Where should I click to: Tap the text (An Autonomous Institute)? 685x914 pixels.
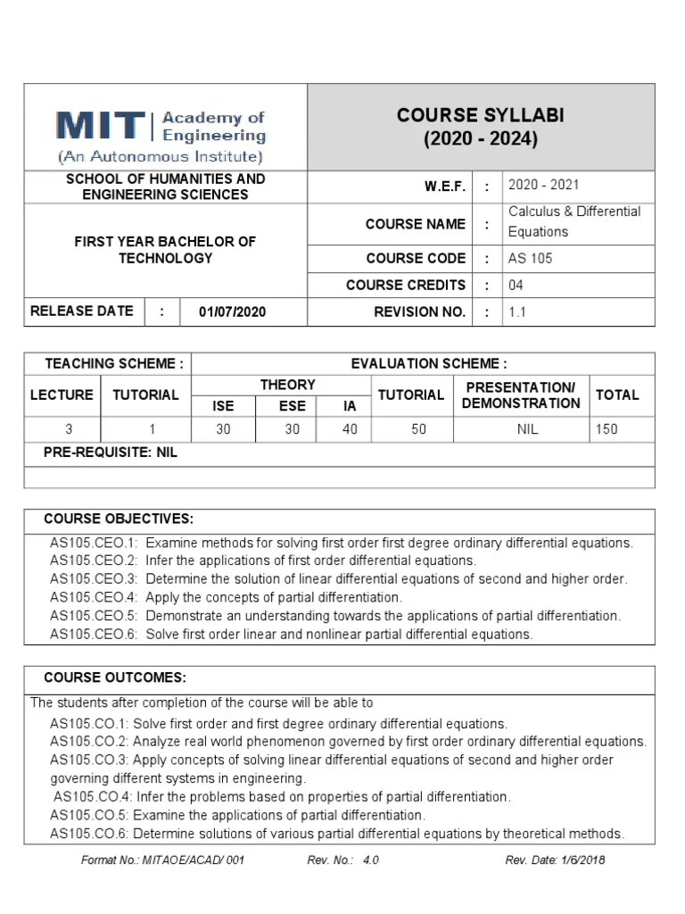click(161, 157)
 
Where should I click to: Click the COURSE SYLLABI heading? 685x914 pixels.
click(481, 116)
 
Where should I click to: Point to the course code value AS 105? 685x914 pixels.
click(530, 258)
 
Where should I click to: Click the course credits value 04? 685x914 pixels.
click(517, 286)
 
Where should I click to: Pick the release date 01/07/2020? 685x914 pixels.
click(232, 312)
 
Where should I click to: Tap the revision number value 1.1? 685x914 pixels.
click(517, 312)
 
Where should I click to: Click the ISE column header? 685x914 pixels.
click(223, 405)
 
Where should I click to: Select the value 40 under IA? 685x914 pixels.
click(350, 429)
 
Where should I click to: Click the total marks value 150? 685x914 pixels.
click(606, 429)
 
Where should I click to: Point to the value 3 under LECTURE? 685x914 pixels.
click(69, 429)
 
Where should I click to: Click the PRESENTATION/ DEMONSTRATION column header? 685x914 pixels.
click(521, 395)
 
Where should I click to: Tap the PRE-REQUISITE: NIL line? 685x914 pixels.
click(111, 453)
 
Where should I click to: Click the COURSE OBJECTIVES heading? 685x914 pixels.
click(118, 519)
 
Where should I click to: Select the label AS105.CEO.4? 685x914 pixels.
click(94, 597)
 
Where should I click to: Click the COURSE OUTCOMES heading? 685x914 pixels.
click(115, 677)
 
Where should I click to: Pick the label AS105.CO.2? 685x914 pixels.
click(89, 742)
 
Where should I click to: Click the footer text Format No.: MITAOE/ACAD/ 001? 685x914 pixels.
click(161, 860)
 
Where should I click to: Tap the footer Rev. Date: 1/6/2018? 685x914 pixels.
click(555, 860)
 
